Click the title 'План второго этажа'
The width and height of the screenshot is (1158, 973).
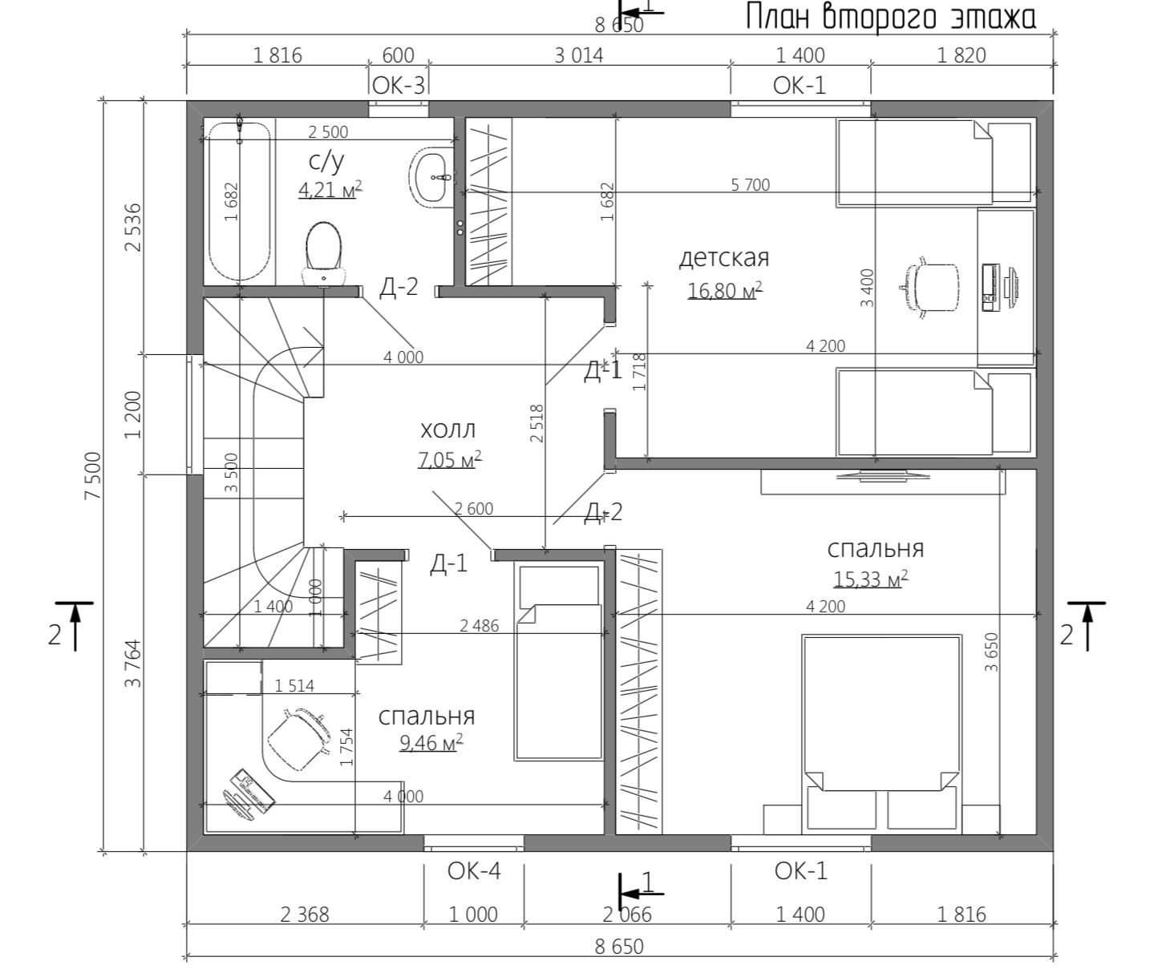tap(891, 17)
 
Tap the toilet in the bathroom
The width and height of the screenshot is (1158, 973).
tap(323, 254)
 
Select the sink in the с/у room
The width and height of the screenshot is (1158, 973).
tap(432, 177)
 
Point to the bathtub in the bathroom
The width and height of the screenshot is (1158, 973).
tap(240, 202)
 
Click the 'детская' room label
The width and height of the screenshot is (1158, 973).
tap(724, 258)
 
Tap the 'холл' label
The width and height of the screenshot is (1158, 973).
tap(448, 430)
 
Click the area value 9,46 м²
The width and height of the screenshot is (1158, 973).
tap(431, 742)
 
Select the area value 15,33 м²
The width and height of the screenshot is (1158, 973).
tap(871, 579)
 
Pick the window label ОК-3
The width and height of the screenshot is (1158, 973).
tap(399, 86)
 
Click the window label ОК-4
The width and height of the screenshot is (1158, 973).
tap(474, 871)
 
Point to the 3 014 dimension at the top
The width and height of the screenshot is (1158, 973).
tap(578, 55)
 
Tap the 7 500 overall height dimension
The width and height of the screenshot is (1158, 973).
tap(93, 476)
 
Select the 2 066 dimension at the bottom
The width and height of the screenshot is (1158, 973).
tap(627, 914)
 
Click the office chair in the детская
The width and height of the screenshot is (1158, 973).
tap(930, 288)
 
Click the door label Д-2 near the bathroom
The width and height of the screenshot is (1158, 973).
tap(399, 287)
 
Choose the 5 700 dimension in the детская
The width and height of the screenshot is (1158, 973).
tap(751, 184)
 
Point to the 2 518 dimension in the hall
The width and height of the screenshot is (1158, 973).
tap(536, 423)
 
